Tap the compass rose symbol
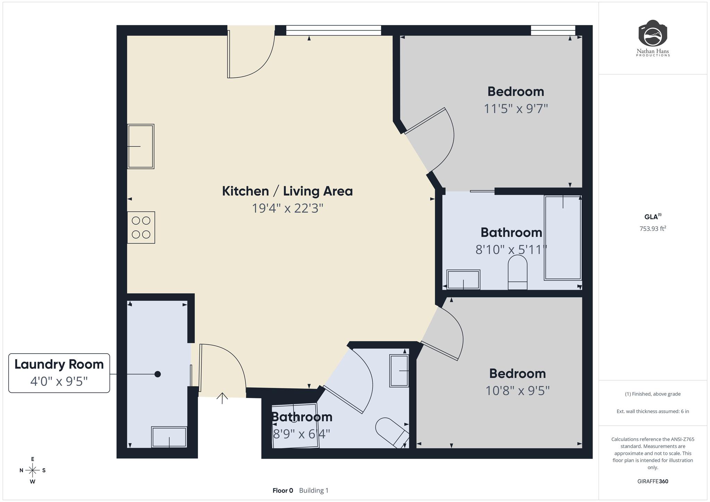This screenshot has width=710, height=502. coord(33,470)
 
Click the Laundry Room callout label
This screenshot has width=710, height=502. coord(59,373)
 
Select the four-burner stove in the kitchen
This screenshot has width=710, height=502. coord(141,227)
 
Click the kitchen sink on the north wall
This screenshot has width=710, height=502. coord(141,146)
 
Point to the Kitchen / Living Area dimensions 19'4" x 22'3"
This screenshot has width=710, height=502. coord(287,208)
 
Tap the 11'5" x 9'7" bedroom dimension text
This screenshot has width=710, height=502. coord(516,109)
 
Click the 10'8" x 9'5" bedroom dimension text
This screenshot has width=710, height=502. coord(517,391)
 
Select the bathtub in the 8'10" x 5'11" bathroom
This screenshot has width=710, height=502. coord(563,237)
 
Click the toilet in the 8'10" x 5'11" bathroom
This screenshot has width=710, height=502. coord(518,272)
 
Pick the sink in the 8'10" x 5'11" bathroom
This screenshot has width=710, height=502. coord(464,279)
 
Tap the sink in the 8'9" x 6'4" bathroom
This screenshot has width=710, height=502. coord(399,371)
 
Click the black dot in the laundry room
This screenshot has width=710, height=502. coord(157,374)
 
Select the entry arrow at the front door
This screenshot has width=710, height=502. coord(222,398)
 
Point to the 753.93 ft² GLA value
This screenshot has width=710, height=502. coord(653,228)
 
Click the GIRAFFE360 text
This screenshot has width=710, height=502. coord(653,481)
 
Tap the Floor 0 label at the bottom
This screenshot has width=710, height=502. coord(283,491)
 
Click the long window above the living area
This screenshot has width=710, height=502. coord(334,31)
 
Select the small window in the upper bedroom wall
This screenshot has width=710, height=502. coord(553,31)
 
